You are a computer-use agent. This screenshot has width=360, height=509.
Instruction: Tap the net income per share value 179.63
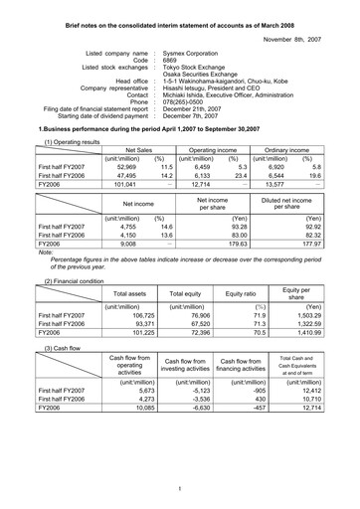click(233, 241)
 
